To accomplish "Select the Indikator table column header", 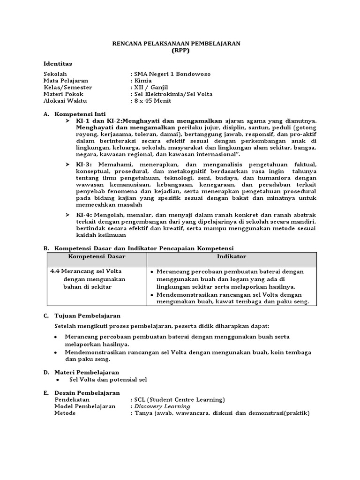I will point(232,257).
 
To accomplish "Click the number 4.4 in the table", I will point(54,271).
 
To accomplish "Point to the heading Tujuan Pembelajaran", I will point(88,316).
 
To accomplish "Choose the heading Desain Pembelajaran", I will point(87,393).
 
